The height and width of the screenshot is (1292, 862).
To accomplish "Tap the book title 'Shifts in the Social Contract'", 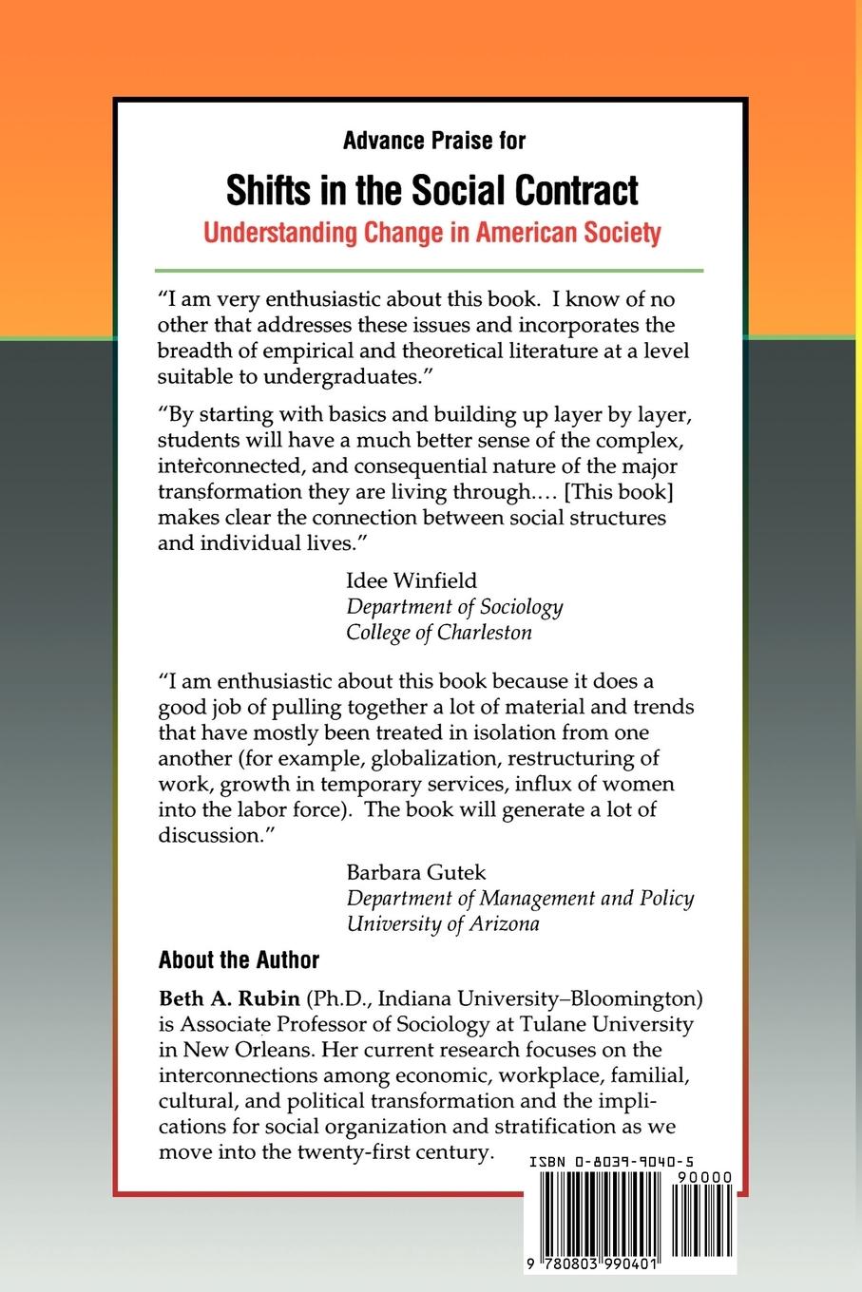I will click(431, 190).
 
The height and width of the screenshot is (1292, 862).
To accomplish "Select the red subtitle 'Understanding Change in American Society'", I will click(431, 233).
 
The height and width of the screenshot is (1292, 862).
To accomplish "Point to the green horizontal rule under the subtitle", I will click(431, 271).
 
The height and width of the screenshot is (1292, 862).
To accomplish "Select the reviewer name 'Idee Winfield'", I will click(412, 580).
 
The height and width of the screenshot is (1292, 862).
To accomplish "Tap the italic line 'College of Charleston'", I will click(439, 632).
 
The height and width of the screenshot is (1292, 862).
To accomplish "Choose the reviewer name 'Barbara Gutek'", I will click(417, 871).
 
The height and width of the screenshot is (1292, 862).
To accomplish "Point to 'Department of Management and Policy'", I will click(520, 897).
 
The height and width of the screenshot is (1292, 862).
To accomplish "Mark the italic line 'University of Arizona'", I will click(443, 922).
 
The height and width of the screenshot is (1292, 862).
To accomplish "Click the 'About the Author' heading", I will click(239, 959).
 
